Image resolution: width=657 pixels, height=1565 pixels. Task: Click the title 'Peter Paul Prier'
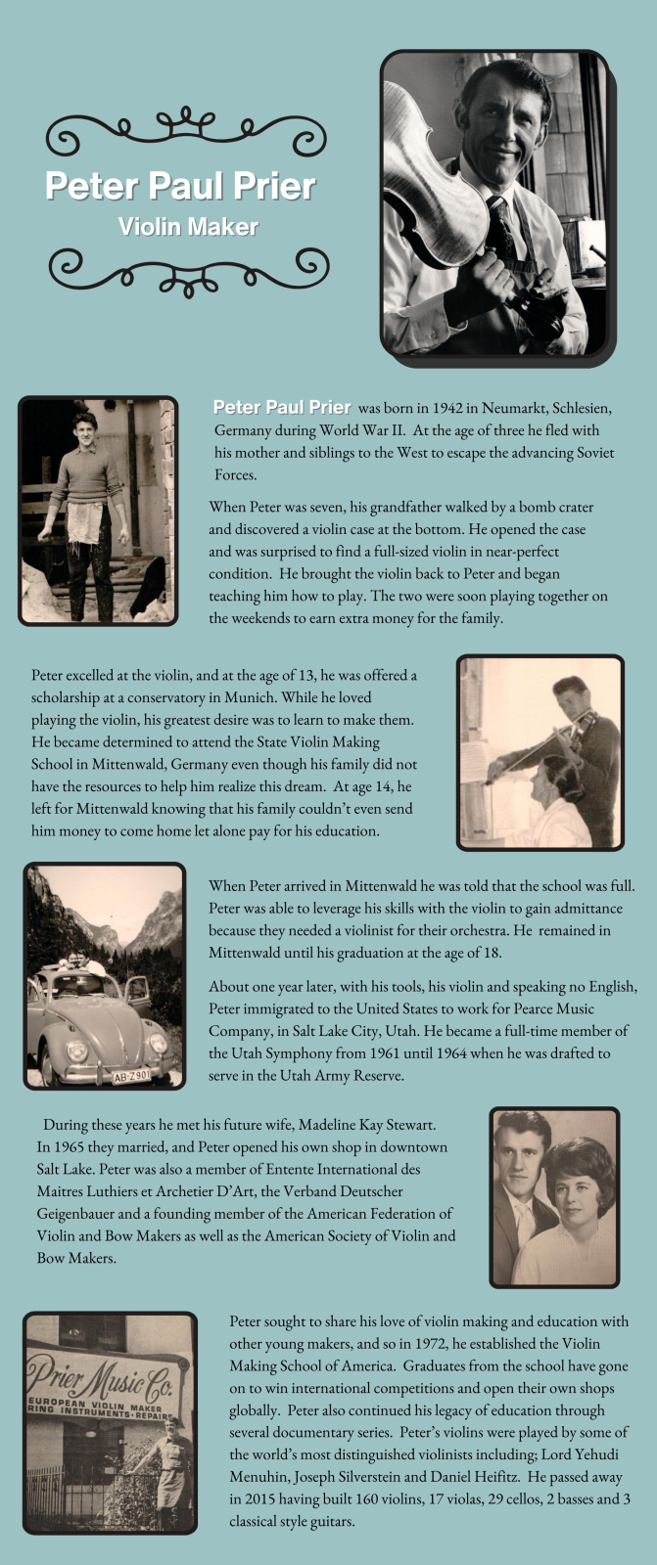point(180,186)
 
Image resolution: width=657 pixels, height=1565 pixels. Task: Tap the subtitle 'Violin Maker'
point(188,227)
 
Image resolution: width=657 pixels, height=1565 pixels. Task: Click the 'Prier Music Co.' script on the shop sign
point(107,1378)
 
